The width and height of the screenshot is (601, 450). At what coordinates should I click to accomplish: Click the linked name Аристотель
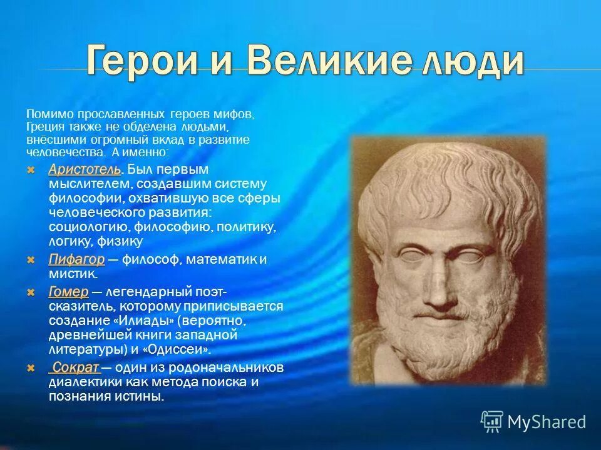(84, 170)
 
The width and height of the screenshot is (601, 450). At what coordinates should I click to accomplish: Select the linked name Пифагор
(76, 260)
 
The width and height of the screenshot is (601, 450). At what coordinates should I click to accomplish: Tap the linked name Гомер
(68, 292)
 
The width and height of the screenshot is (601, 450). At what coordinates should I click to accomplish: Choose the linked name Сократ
(74, 367)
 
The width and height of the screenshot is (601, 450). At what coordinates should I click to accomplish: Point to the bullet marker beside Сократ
(32, 368)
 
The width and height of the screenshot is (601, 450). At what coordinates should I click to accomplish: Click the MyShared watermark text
(547, 422)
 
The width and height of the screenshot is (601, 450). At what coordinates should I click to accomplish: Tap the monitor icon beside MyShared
(492, 421)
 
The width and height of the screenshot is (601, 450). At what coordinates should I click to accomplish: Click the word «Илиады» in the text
(145, 322)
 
